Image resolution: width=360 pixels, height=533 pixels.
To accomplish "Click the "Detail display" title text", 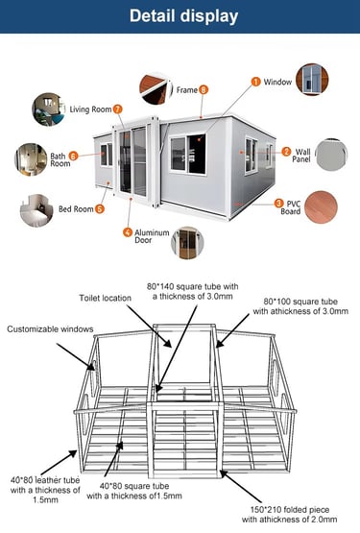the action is click(x=183, y=16).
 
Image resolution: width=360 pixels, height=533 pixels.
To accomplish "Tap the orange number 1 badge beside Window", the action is click(x=255, y=82).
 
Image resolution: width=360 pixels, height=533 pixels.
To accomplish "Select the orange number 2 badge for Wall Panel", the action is click(x=286, y=152).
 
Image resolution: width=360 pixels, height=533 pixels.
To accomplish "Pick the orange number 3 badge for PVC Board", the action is click(x=278, y=204).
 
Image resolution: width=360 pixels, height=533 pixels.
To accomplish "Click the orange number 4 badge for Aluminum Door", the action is click(x=128, y=232).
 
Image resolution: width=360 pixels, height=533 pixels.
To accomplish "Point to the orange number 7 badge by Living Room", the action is click(x=117, y=109).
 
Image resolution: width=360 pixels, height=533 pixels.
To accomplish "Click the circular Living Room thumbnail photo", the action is click(x=48, y=109).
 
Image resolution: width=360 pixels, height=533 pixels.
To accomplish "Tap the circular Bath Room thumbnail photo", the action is click(x=31, y=159).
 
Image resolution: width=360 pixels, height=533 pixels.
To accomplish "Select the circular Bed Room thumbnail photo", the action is click(x=36, y=210).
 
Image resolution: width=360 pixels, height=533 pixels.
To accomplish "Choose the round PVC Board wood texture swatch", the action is click(x=321, y=207).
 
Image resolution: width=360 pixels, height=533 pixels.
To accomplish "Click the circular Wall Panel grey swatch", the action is click(x=332, y=155).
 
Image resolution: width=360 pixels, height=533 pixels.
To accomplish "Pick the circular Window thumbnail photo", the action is click(x=312, y=80).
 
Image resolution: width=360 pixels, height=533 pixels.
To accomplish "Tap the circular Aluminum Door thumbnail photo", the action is click(x=187, y=243).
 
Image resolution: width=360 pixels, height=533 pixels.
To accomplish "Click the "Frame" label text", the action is click(x=187, y=90).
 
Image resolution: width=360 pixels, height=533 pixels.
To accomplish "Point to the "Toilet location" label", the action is click(x=105, y=298).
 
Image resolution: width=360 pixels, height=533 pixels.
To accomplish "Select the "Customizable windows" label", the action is click(x=50, y=329).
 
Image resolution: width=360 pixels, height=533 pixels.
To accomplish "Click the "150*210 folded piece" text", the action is click(x=290, y=510).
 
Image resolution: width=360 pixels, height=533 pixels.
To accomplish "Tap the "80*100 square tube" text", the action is click(x=300, y=302).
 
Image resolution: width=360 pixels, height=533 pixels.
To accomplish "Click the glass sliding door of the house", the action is click(x=132, y=161).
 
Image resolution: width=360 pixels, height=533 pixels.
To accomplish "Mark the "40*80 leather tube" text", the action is click(x=45, y=480).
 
